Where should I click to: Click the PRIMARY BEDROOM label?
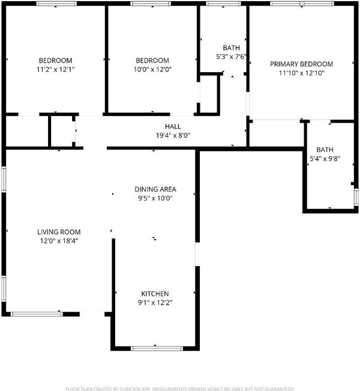(301, 64)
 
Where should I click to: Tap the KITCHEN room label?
(155, 294)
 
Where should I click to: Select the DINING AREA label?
(155, 189)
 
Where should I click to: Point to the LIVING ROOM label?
(59, 232)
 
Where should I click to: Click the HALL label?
(173, 127)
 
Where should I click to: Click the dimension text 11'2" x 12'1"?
(56, 69)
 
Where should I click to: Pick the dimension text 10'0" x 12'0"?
(152, 69)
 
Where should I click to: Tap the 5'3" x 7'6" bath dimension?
(231, 57)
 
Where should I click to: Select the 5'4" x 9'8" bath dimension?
(325, 159)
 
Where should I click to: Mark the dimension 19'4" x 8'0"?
(173, 136)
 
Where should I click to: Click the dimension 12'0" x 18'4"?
(59, 241)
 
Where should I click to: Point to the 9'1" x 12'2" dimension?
(155, 303)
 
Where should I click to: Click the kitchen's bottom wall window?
(157, 348)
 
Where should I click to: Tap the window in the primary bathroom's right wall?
(356, 198)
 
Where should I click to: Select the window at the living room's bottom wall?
(37, 314)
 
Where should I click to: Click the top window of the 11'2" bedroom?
(56, 4)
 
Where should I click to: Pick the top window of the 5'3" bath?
(223, 4)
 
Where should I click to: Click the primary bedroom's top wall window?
(302, 4)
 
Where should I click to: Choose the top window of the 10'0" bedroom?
(151, 4)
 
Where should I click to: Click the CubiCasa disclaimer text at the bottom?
(179, 389)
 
